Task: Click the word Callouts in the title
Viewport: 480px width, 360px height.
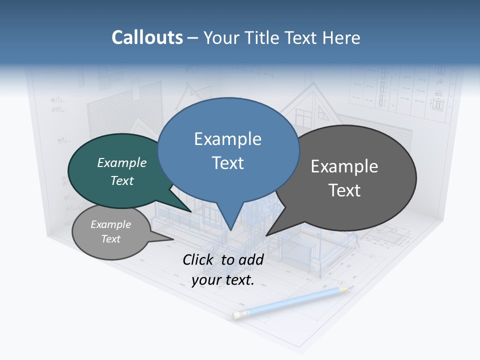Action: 147,37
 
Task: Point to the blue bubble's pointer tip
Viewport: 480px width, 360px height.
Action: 231,230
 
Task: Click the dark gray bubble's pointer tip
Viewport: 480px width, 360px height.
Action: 266,235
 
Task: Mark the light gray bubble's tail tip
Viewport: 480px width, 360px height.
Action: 173,239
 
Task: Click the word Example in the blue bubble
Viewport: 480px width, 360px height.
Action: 227,139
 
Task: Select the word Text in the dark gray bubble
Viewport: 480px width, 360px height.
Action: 344,190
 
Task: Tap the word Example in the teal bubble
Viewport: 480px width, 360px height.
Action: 122,162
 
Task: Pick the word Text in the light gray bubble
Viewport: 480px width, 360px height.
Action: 110,239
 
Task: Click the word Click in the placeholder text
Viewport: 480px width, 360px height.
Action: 199,259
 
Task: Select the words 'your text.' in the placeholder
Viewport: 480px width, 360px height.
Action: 223,280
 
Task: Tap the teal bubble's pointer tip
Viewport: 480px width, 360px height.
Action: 192,212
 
